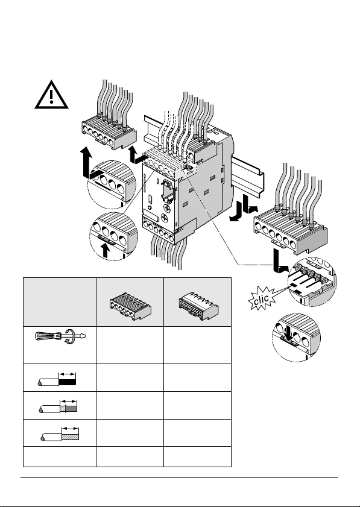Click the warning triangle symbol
click(51, 95)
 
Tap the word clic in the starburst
click(261, 299)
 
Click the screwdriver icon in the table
click(60, 337)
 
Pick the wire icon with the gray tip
click(58, 406)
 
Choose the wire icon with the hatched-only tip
click(60, 434)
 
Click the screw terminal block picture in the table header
click(130, 306)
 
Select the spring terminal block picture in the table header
click(198, 306)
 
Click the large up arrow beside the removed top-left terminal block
click(86, 162)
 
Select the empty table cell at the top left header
click(60, 301)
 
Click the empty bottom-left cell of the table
click(60, 456)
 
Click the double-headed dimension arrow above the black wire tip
click(68, 374)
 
